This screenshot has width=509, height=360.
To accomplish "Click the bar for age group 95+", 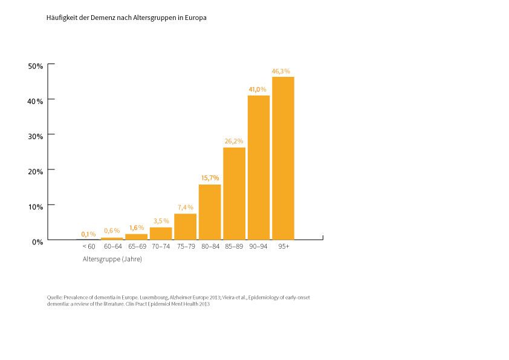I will [x=283, y=159].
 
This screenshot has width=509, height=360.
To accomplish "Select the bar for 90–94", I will [x=259, y=168].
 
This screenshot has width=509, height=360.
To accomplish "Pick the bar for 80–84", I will [x=210, y=212].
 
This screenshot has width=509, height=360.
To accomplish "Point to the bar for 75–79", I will [x=185, y=227].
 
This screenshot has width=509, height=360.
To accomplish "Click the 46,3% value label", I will [x=281, y=71].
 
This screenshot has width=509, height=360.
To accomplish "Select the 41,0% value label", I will [x=258, y=90].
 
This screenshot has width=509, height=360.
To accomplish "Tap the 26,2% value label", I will [x=233, y=141].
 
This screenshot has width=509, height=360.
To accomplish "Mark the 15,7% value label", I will [x=209, y=178].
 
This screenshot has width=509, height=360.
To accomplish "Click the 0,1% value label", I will [x=88, y=234].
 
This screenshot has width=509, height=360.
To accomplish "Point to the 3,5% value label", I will [x=161, y=221].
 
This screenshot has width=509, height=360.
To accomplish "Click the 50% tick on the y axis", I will [x=36, y=66].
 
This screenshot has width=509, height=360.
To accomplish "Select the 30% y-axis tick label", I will [x=36, y=136].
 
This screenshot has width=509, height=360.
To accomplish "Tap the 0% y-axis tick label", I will [x=37, y=241].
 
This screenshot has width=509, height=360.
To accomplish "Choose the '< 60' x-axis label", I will [x=88, y=247].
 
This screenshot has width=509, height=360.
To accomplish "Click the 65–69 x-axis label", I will [x=137, y=247].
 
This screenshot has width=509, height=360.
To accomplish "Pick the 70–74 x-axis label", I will [x=161, y=247].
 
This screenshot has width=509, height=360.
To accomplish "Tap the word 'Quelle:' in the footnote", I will [x=54, y=298].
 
